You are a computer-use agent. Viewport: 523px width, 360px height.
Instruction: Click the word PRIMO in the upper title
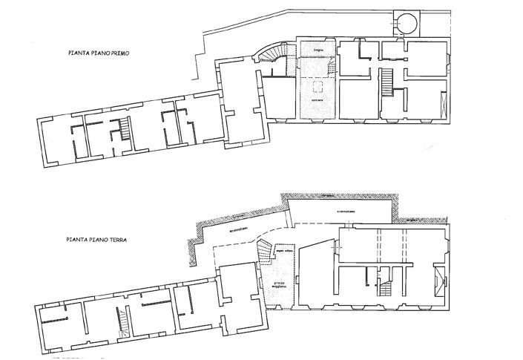coord(117,53)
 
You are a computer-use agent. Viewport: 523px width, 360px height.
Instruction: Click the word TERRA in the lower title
coord(114,240)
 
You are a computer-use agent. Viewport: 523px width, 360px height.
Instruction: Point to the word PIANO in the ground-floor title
coord(96,240)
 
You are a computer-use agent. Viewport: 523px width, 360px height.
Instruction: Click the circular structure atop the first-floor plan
coord(406,24)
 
